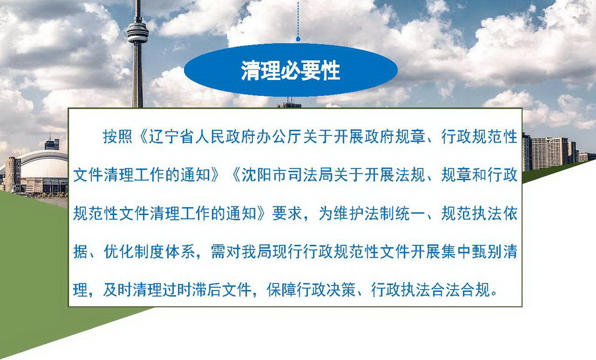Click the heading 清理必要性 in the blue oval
pyautogui.click(x=291, y=71)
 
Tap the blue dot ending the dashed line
pyautogui.click(x=299, y=39)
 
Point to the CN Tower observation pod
pyautogui.click(x=137, y=32)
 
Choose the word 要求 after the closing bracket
pyautogui.click(x=287, y=214)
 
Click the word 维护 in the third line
pyautogui.click(x=349, y=214)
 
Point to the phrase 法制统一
pyautogui.click(x=395, y=214)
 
